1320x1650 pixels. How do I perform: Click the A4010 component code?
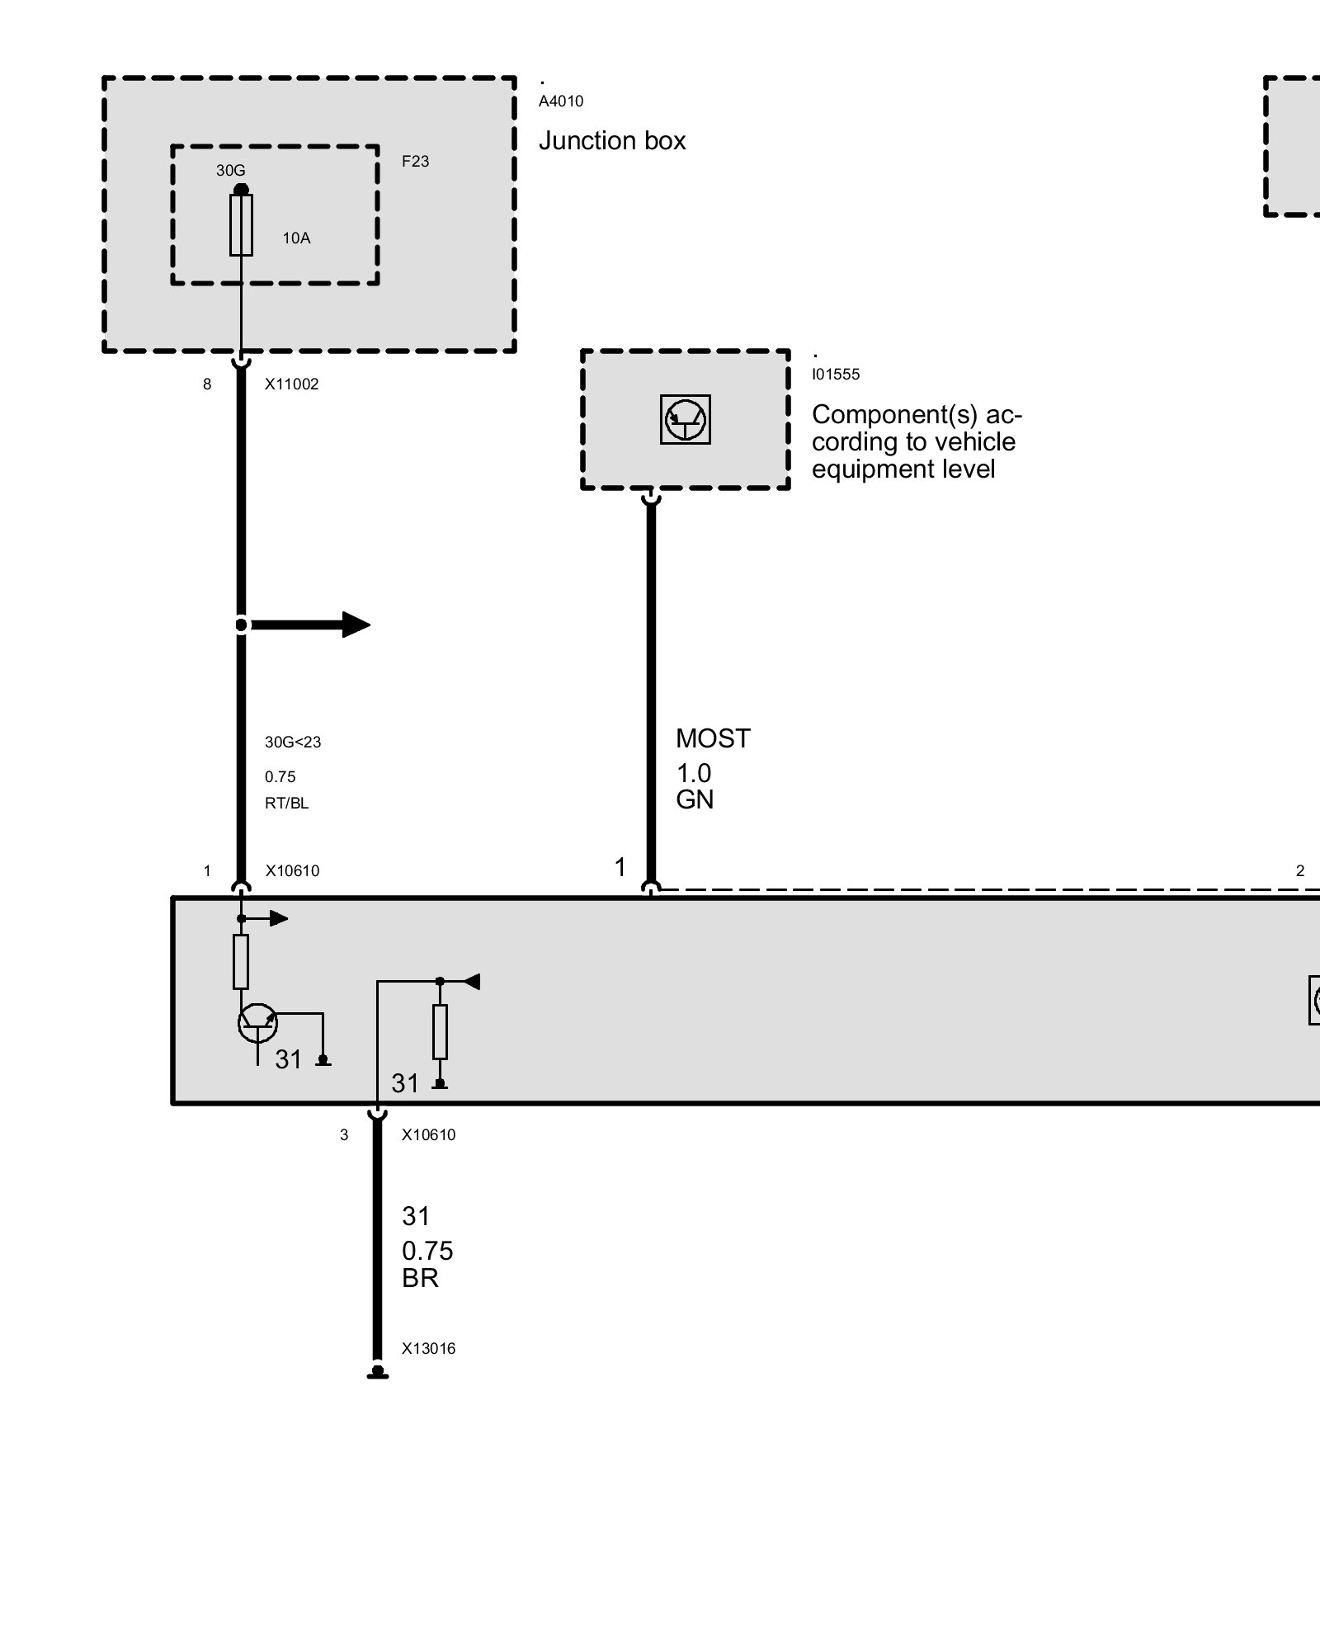561,101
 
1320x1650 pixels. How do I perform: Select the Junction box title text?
612,141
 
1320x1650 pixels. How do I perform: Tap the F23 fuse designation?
416,162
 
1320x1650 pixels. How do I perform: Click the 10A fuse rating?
296,238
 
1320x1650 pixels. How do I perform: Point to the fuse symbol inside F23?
241,224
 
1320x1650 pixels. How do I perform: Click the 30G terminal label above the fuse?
231,171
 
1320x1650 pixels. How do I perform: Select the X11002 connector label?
291,384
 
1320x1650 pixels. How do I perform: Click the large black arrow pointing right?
310,625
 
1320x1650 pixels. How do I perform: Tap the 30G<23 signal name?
293,742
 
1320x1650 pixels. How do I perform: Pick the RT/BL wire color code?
287,804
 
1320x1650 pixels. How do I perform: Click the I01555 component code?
836,375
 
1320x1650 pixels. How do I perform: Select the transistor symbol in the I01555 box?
686,420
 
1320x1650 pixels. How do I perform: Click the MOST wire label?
713,738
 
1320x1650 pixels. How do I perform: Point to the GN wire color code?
695,799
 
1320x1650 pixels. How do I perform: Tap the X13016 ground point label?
429,1349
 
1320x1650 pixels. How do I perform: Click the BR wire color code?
420,1278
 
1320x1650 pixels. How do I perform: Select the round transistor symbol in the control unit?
258,1024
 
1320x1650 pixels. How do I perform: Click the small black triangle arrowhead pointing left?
471,982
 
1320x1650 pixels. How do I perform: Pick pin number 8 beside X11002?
207,384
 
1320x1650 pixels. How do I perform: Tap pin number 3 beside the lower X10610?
344,1135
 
